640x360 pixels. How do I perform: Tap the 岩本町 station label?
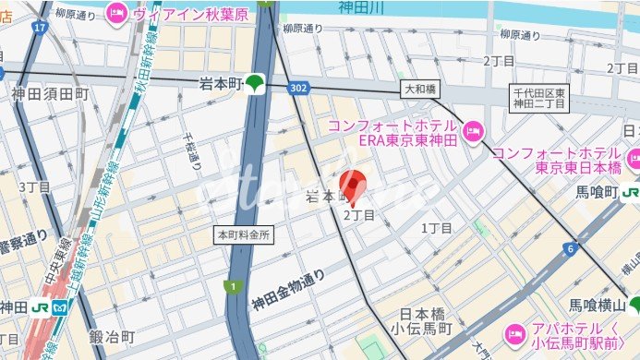tap(220, 84)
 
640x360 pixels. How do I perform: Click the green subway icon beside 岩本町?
tap(255, 84)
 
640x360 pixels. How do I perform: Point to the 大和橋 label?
tap(421, 90)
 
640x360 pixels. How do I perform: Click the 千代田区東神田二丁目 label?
tap(541, 97)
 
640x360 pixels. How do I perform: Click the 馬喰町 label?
tap(596, 192)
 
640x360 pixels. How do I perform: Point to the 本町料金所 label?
tap(244, 234)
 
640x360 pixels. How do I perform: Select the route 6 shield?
tap(571, 249)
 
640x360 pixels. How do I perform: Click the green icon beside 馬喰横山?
tap(634, 306)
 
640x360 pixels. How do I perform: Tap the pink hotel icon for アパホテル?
tap(514, 333)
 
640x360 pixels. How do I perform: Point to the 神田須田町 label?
tap(50, 93)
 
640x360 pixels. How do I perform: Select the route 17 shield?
tap(39, 28)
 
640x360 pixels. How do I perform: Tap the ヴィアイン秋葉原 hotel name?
tap(190, 15)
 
